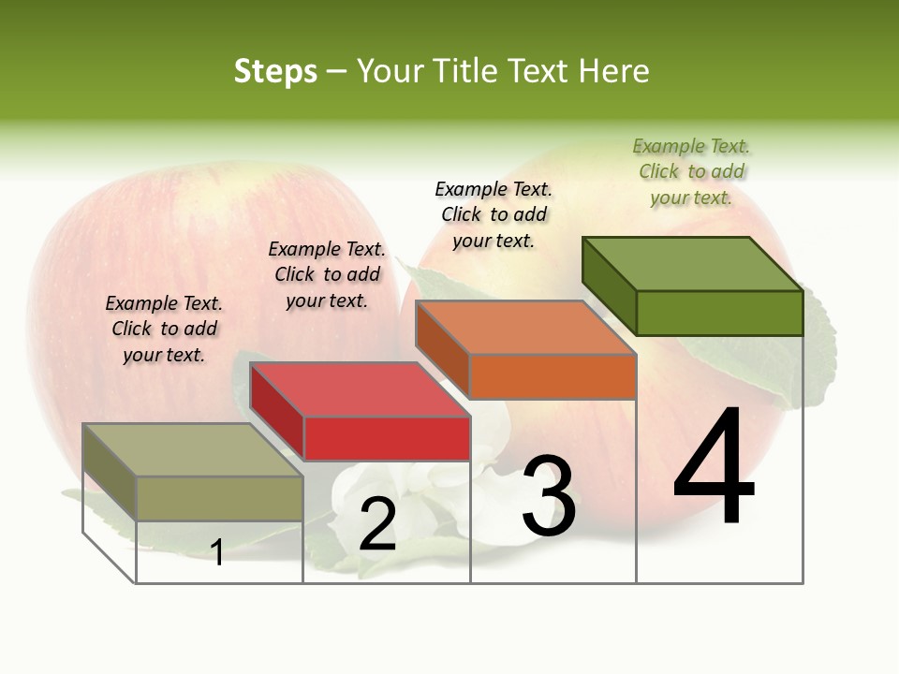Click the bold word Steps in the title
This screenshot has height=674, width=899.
(275, 71)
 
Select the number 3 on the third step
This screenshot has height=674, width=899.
(549, 497)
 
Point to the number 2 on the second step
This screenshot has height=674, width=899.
(377, 524)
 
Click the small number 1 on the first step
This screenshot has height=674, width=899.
(217, 552)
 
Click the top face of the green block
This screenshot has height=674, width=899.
(691, 263)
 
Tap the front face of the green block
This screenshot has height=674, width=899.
(719, 313)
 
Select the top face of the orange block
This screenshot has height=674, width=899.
(524, 328)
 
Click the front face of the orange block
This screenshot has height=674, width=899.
(553, 376)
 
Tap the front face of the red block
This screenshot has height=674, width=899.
(387, 438)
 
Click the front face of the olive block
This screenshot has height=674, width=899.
(219, 498)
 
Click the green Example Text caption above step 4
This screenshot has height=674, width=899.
(691, 171)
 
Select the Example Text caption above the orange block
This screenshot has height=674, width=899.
(494, 214)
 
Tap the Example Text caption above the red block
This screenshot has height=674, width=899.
(327, 274)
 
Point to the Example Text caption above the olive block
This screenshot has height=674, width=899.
(164, 329)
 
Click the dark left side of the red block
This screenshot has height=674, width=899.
(276, 412)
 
